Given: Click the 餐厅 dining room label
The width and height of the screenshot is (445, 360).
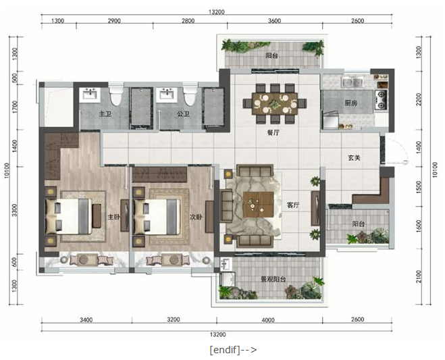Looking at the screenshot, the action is coord(273,132).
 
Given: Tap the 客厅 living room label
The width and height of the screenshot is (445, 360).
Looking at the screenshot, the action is coord(293,205).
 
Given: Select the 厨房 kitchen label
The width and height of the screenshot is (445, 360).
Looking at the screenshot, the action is coord(350,103).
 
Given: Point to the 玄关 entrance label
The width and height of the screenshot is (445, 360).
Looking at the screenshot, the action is coord(355,157).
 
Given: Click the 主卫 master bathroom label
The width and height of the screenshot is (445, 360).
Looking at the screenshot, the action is coord(105,114).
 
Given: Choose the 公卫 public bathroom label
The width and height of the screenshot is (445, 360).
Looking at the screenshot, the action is coord(184,114).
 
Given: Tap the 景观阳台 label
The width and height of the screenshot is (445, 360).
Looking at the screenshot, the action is coord(273,280).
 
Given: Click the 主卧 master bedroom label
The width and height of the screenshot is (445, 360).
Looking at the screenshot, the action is coord(114,217).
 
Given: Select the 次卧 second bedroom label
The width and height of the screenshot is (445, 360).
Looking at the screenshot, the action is coord(196,217).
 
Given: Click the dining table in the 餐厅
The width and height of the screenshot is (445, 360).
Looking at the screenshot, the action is coord(275,103).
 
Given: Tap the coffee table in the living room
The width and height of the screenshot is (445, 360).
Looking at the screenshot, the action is coord(258,205).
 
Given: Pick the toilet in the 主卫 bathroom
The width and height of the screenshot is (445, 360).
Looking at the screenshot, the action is coord(115,96).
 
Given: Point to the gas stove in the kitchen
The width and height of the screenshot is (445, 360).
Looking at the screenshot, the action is coord(381,100).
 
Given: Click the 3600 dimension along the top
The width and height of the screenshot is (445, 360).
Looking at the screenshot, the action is coord(274,21).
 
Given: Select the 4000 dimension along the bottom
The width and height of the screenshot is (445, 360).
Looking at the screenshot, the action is coord(268,320).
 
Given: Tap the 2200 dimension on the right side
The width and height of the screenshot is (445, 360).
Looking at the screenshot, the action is coord(419,99).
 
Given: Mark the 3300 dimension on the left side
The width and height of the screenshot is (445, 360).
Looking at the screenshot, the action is coord(15,210).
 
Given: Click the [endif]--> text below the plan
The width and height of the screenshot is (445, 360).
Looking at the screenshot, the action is coord(233,349).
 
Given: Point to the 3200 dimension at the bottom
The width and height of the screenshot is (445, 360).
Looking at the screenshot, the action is coord(173,319).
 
